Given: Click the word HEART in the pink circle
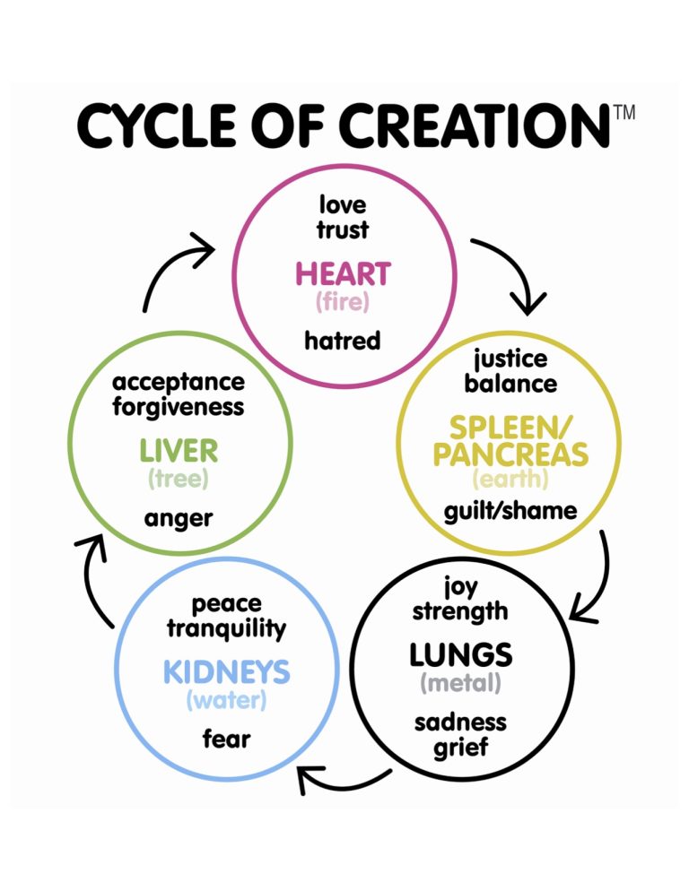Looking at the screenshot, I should (x=343, y=273).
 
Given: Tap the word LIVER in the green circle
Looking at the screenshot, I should (x=178, y=450).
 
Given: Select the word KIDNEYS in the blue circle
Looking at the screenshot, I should (x=226, y=670).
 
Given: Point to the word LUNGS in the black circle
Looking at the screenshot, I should (x=460, y=654).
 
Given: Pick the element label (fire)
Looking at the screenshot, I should (x=342, y=302).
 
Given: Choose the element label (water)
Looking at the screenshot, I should (x=226, y=699).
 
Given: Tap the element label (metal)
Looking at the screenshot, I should (x=460, y=683).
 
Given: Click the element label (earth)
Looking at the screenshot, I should (x=510, y=480).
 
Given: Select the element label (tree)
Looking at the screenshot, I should (x=179, y=479).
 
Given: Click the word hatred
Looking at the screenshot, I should (x=342, y=341).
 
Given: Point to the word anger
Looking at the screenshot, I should (x=178, y=518).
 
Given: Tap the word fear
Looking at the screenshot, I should (x=226, y=739).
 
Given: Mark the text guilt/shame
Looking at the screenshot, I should (x=510, y=511).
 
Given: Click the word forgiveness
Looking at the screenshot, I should (x=178, y=406).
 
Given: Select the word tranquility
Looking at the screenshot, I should (x=226, y=627).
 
